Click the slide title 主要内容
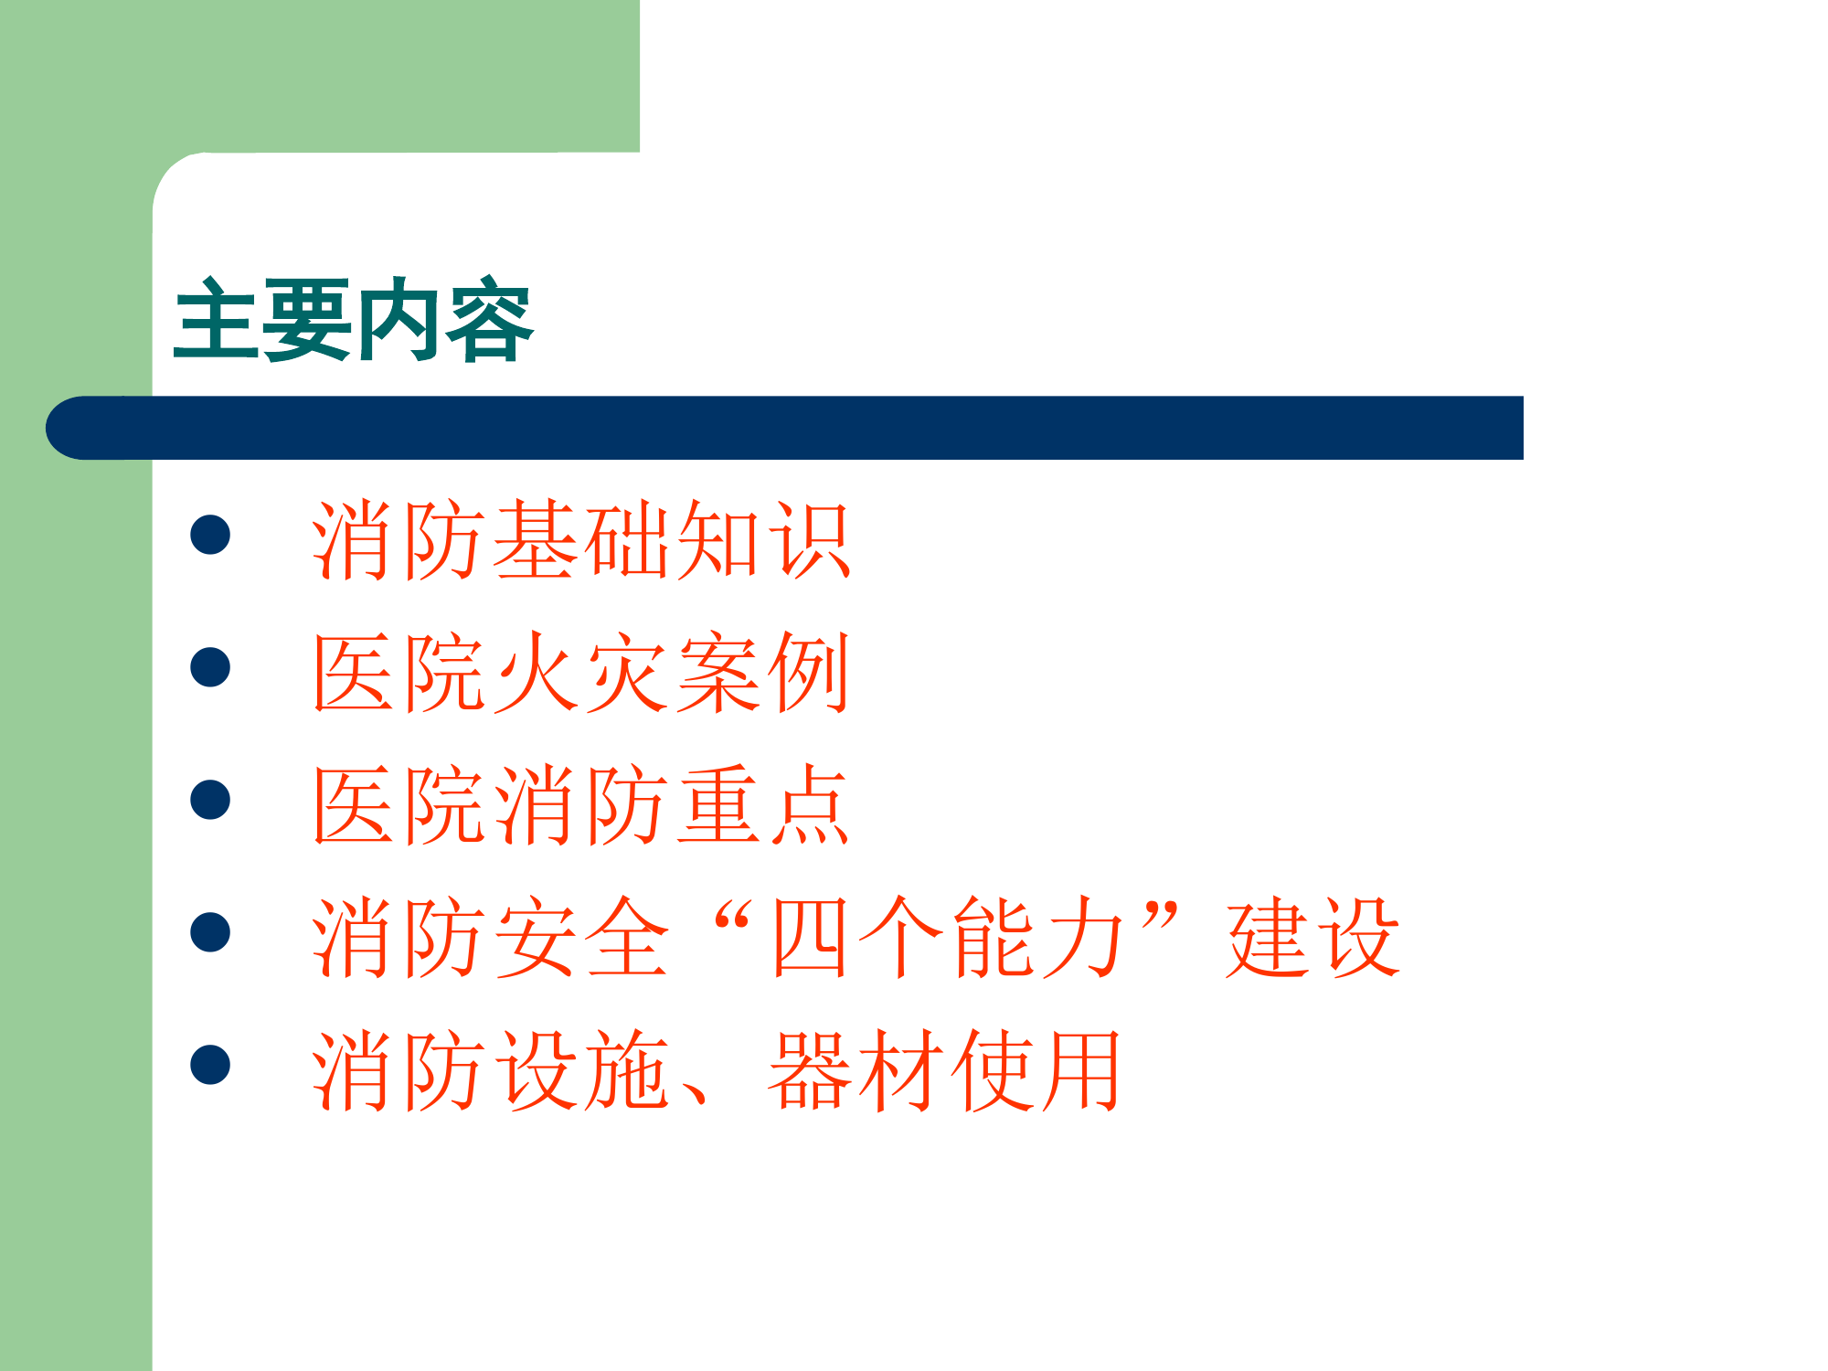(x=353, y=320)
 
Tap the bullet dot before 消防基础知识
(x=210, y=535)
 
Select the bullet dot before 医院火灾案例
(x=210, y=667)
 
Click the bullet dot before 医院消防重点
(x=210, y=800)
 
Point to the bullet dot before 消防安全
(x=210, y=932)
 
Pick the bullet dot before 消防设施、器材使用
(x=210, y=1065)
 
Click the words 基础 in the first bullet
(x=581, y=540)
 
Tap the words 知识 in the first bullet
(x=764, y=540)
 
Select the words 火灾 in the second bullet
(x=581, y=673)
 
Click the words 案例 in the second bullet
(x=764, y=673)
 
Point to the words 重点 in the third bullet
(x=764, y=805)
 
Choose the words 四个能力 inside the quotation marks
(x=947, y=938)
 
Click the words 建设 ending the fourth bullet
(x=1313, y=938)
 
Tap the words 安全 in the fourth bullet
(x=581, y=938)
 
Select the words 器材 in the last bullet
(x=856, y=1070)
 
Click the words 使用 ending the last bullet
(x=1038, y=1070)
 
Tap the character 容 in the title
(x=490, y=320)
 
